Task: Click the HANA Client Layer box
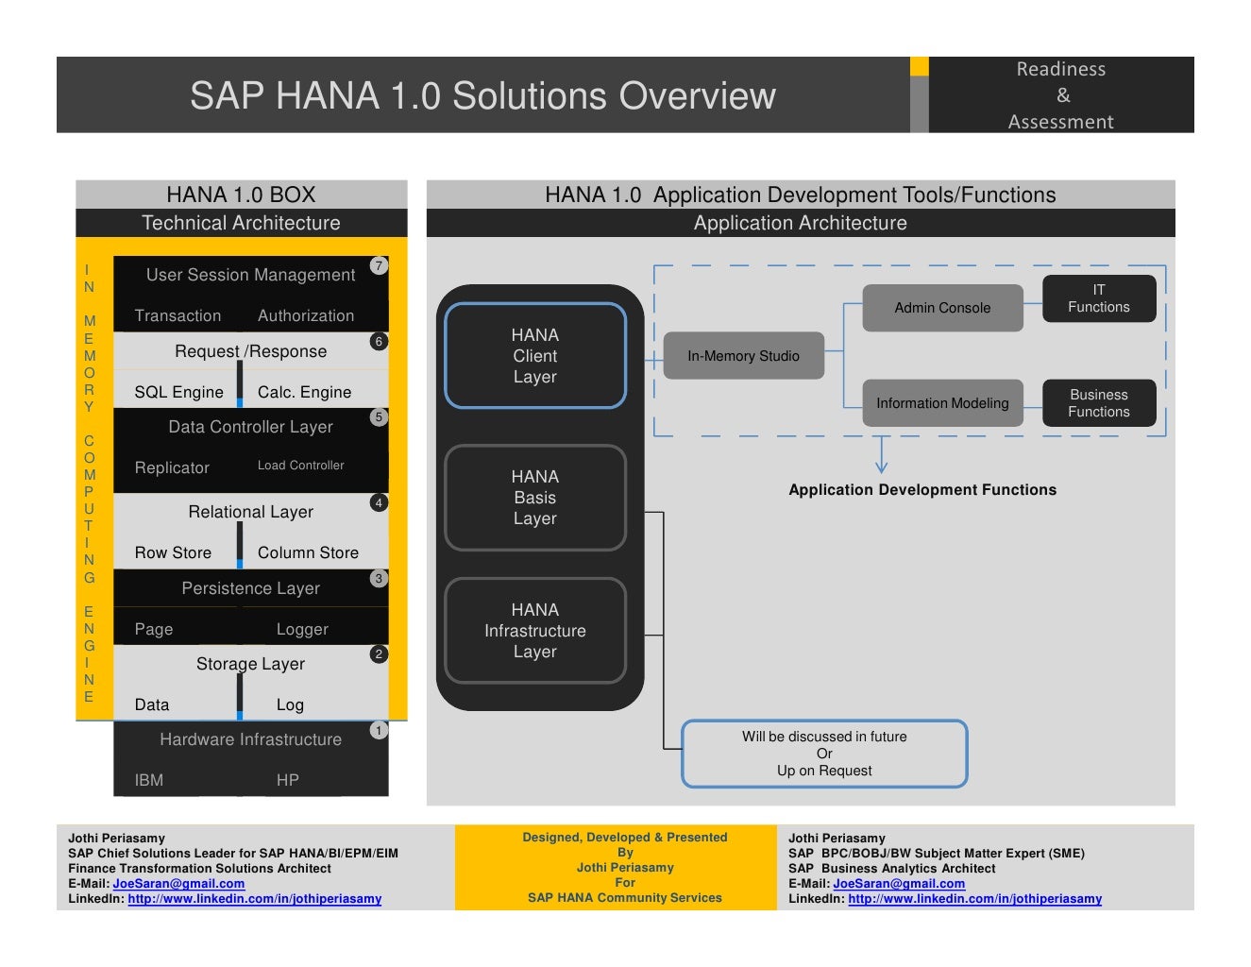coord(535,356)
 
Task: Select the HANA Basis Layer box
coord(535,498)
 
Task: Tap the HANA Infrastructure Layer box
coord(535,631)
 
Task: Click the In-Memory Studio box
coord(743,356)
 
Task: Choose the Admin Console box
coord(942,308)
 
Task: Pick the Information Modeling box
coord(942,403)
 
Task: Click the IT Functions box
coord(1099,298)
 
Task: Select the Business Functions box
coord(1099,403)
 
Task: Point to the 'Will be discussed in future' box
coord(824,754)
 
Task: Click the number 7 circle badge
coord(379,266)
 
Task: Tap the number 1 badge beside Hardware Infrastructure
coord(379,730)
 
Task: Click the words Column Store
coord(308,553)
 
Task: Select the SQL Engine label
coord(178,393)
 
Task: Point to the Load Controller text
coord(300,466)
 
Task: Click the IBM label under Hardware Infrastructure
coord(149,781)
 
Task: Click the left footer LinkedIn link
coord(254,899)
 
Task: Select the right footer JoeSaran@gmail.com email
coord(899,884)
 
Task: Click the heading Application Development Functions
coord(922,490)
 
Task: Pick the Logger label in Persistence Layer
coord(302,630)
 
